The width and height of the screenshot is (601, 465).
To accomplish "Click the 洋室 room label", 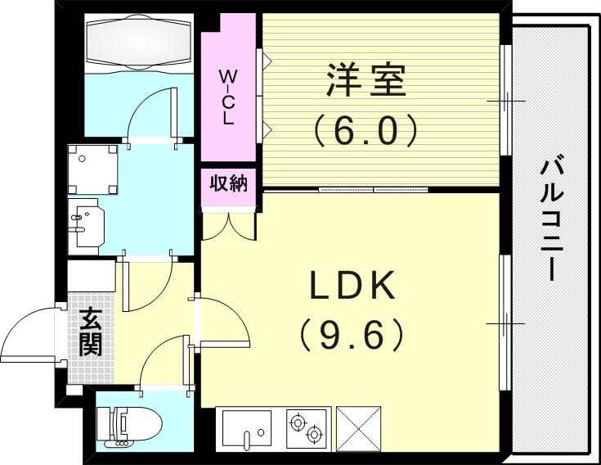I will point(366,82).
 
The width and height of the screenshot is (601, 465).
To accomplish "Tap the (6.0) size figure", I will point(366,129).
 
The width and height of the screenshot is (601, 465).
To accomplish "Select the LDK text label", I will point(352,286).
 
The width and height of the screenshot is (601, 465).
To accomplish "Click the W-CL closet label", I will point(228,97).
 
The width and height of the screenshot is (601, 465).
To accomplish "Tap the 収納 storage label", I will point(228,183).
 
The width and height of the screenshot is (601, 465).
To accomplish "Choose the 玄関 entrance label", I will point(90,331).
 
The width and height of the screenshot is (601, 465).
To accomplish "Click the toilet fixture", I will point(129,426).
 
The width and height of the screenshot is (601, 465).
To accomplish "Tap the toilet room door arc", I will point(164,360).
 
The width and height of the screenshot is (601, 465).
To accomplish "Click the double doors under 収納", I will point(230,225).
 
